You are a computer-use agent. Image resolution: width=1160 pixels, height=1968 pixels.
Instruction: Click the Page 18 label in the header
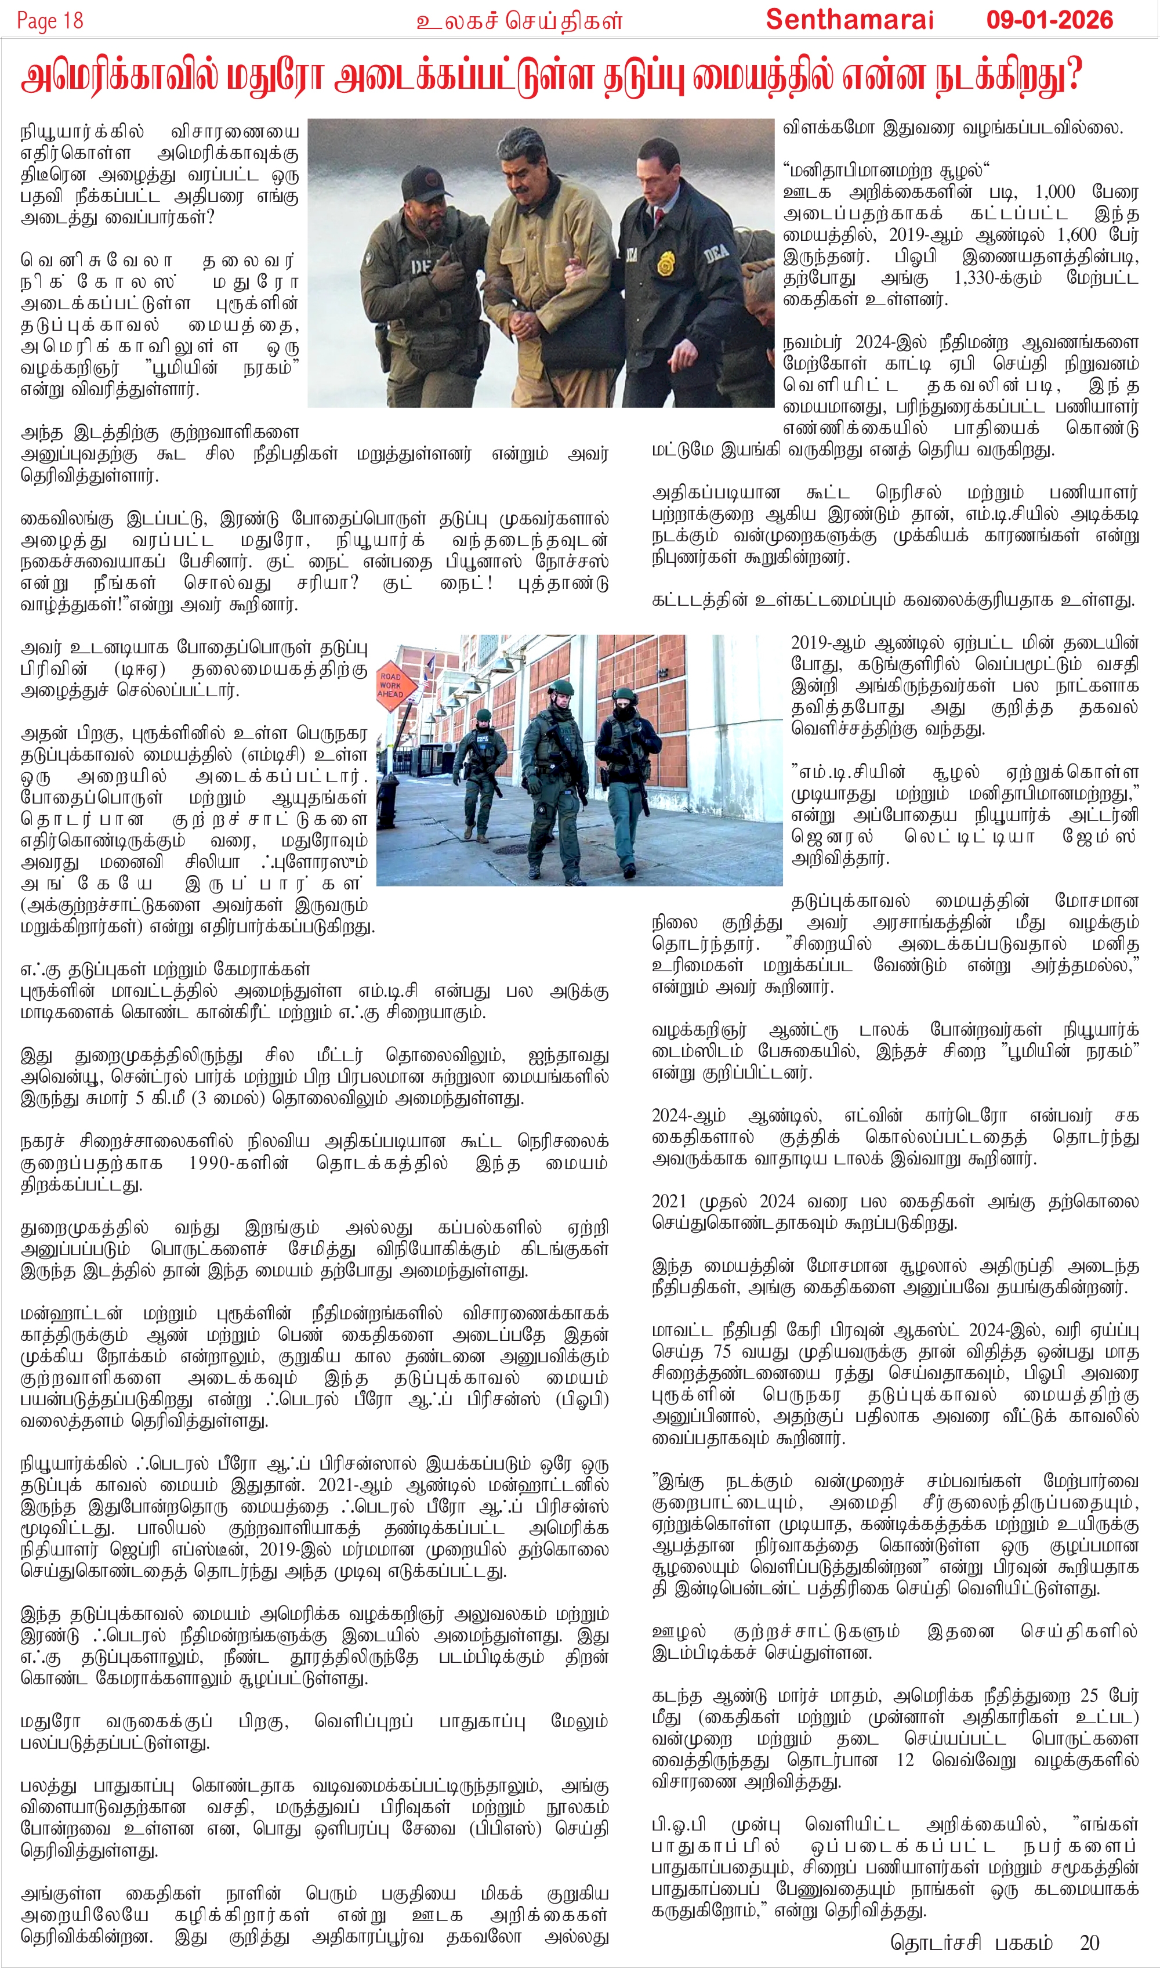click(x=50, y=20)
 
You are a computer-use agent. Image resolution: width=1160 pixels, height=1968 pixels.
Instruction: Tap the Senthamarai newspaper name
click(x=849, y=20)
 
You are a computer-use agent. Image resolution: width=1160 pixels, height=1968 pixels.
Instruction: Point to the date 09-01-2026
click(x=1049, y=20)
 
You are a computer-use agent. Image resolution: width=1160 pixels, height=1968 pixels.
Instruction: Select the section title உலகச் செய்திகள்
click(x=519, y=20)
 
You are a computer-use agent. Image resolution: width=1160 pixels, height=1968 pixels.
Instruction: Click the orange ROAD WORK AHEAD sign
click(x=391, y=685)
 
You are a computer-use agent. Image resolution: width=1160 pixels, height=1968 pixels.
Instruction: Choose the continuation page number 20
click(x=1089, y=1942)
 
